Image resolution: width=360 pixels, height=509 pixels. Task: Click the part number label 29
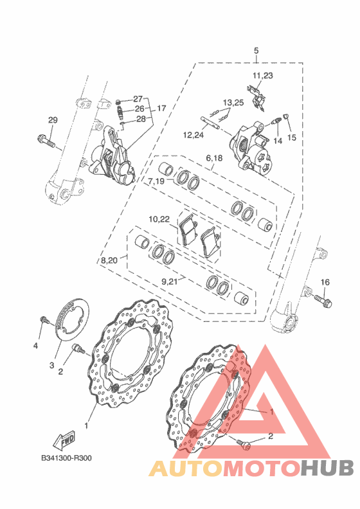53,120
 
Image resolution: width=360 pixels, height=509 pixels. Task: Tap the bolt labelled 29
46,141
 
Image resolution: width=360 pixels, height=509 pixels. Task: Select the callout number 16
325,282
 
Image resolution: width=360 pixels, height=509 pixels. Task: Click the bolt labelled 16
323,301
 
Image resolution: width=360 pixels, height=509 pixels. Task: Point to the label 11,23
263,76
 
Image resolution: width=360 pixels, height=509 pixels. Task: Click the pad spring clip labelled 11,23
256,96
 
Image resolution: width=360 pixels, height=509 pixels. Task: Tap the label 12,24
194,135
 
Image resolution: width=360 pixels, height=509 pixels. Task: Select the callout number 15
292,138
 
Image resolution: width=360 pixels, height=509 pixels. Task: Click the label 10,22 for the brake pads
159,219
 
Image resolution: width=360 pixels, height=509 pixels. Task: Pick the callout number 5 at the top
256,51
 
